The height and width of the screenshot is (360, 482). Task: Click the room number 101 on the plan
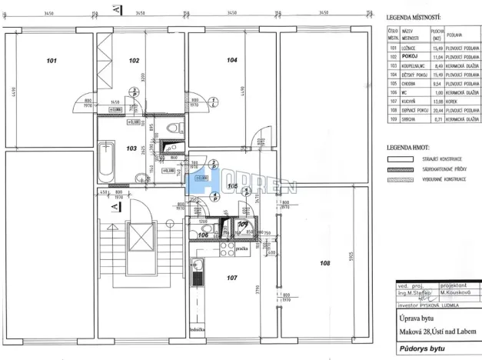coord(52,60)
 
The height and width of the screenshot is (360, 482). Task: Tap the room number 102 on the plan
coord(134,60)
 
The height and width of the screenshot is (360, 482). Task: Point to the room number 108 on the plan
coord(325,263)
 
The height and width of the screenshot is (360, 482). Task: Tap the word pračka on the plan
coord(241,248)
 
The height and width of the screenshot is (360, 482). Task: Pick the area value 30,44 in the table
coord(437,111)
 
